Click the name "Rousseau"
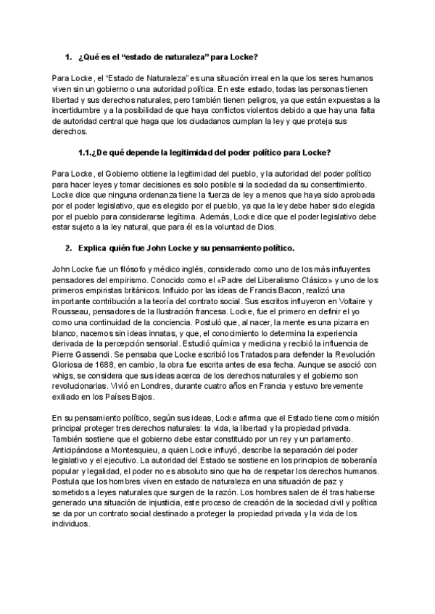(73, 311)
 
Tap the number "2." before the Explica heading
(68, 249)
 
